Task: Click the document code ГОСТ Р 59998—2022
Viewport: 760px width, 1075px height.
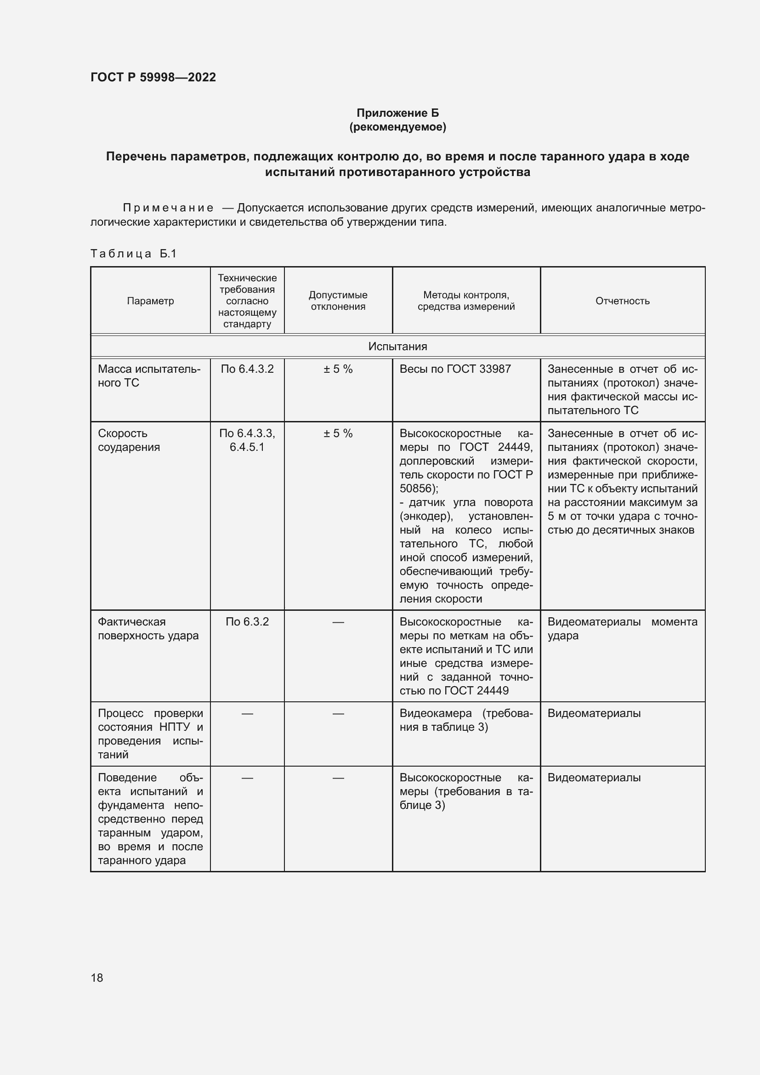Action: click(x=153, y=77)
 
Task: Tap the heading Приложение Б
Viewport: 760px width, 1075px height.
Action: click(x=397, y=113)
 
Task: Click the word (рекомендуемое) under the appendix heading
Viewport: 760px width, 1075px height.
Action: click(x=397, y=127)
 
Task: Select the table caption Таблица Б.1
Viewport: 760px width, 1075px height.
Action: click(x=133, y=254)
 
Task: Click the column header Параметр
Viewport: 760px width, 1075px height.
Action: click(x=150, y=301)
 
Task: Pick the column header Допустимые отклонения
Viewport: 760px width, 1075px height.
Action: click(x=338, y=301)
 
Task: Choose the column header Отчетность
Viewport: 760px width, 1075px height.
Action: click(x=622, y=301)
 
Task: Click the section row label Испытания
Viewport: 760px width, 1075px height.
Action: click(x=397, y=347)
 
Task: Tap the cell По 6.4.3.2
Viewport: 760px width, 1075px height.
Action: click(x=247, y=369)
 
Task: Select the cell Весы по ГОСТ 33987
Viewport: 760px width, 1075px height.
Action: click(x=455, y=369)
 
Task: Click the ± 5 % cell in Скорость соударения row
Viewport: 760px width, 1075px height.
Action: click(x=338, y=433)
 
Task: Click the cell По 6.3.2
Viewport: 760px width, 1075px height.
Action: click(x=247, y=622)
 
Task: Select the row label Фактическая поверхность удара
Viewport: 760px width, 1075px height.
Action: click(x=148, y=629)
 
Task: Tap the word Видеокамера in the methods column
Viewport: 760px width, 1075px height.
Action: click(x=435, y=713)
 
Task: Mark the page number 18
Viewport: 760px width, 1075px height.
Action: click(x=97, y=978)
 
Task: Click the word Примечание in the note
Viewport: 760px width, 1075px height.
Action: click(x=168, y=208)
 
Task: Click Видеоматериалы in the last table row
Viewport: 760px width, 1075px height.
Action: click(x=594, y=777)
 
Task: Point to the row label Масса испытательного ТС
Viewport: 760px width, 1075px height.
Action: click(x=149, y=376)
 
